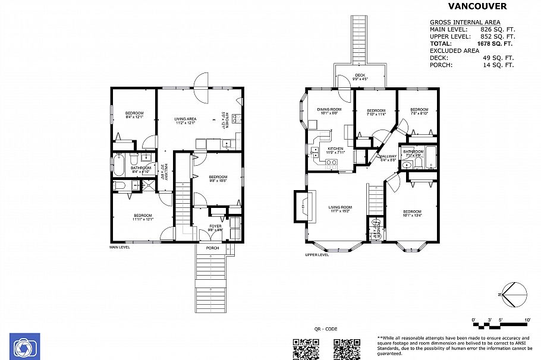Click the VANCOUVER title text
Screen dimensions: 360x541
pyautogui.click(x=477, y=7)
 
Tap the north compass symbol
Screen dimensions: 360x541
pyautogui.click(x=514, y=293)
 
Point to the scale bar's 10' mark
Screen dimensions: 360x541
pyautogui.click(x=528, y=321)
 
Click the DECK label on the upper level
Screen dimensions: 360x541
pyautogui.click(x=360, y=75)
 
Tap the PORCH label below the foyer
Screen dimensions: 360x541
pyautogui.click(x=212, y=248)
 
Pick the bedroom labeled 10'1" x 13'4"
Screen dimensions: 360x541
pyautogui.click(x=412, y=213)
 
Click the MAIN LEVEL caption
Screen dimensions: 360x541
pyautogui.click(x=119, y=247)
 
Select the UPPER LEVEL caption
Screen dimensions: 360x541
pyautogui.click(x=317, y=254)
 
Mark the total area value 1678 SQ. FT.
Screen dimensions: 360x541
pyautogui.click(x=495, y=43)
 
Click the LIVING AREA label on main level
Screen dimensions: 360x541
pyautogui.click(x=185, y=119)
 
